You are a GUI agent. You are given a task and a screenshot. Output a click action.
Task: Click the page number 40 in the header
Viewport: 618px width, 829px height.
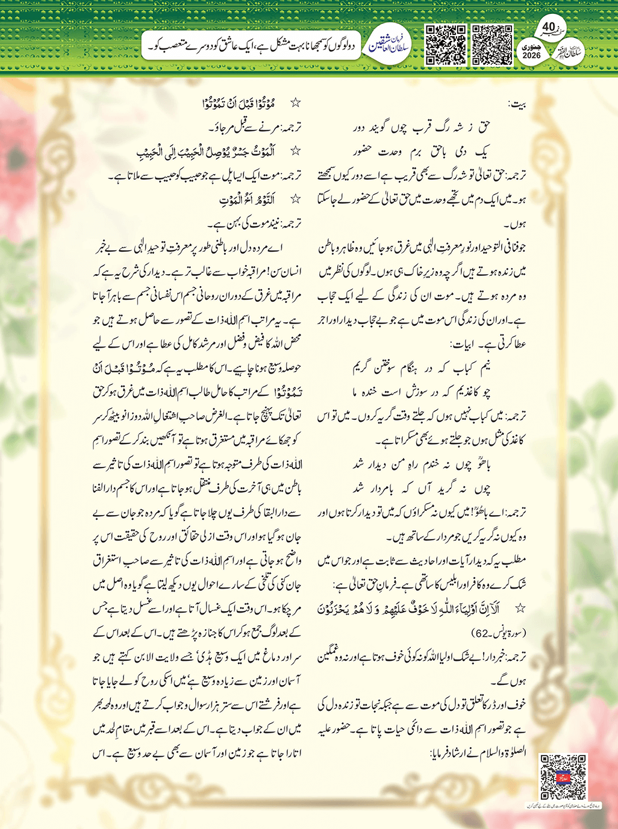[548, 27]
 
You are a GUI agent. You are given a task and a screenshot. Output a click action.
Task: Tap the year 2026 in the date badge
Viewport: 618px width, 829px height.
[532, 55]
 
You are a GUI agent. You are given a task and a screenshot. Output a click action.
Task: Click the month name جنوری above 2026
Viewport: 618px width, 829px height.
[532, 46]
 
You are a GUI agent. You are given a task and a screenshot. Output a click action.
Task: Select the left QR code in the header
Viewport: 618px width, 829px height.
[446, 45]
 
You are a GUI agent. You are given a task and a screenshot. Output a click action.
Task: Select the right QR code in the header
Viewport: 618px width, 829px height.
[492, 45]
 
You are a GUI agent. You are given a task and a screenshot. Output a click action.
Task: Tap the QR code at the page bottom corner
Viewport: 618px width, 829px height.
[563, 777]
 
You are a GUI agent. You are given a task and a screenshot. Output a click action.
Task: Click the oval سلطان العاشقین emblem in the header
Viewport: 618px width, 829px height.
[389, 45]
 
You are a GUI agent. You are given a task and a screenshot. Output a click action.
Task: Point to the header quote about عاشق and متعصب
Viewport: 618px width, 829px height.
[253, 46]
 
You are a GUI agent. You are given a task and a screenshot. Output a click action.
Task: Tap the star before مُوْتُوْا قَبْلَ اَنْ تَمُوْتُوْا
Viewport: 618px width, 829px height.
[295, 104]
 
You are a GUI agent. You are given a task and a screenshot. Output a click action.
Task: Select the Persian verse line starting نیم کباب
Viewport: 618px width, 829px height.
[422, 369]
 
